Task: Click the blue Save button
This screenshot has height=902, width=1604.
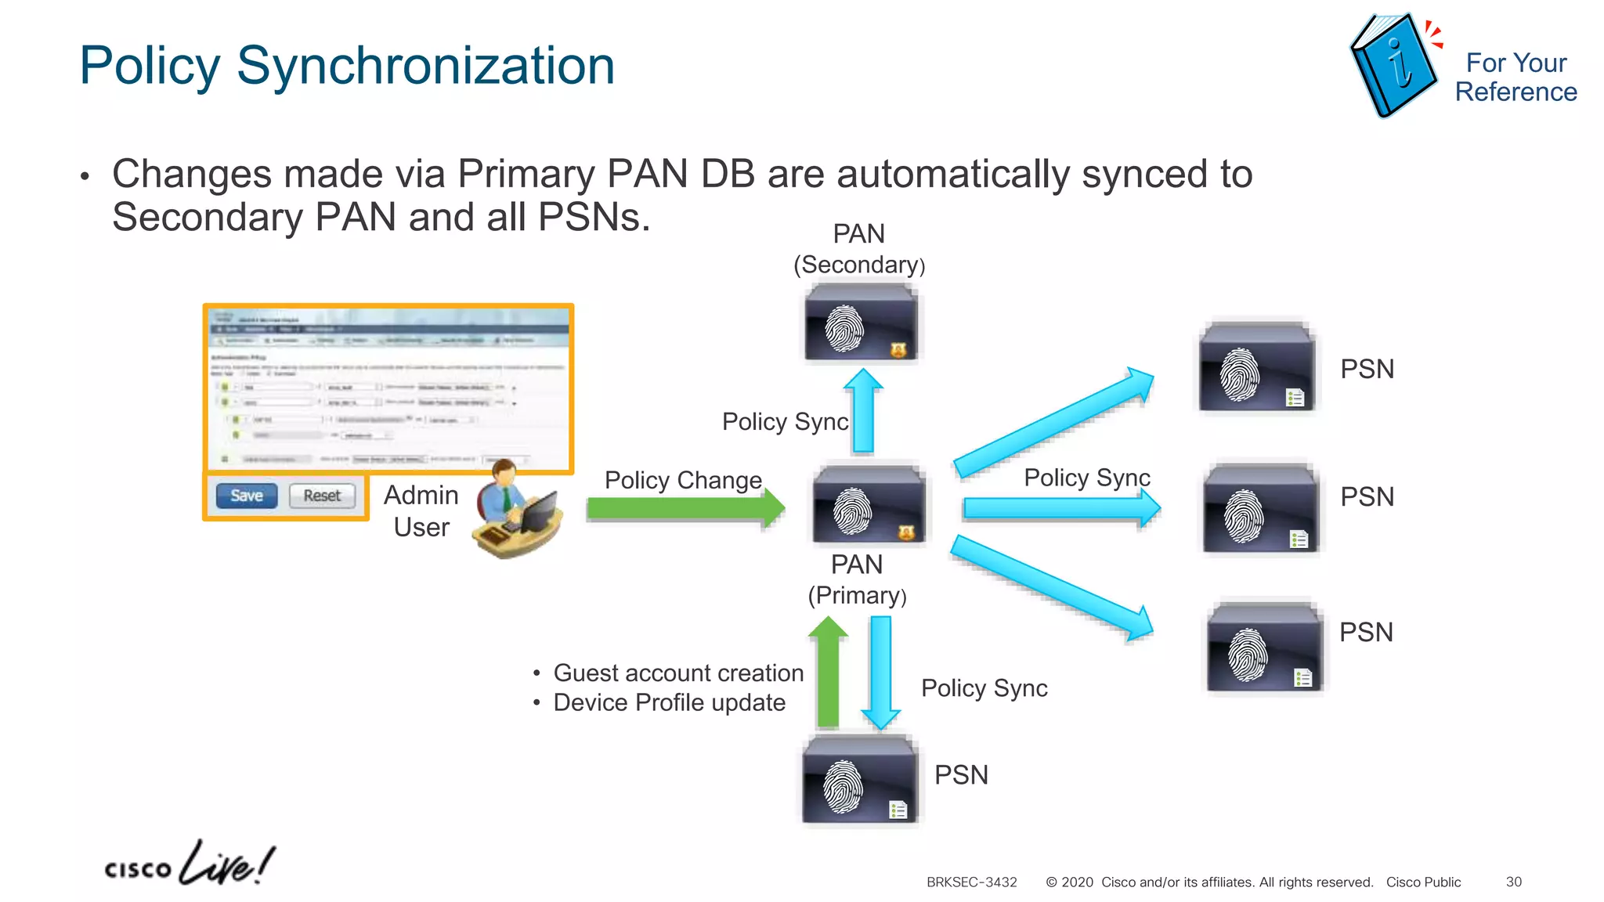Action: pos(247,496)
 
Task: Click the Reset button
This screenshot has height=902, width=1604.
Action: pos(322,496)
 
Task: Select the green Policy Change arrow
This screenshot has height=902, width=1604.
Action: pos(685,509)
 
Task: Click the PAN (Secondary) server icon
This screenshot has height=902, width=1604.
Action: pos(861,324)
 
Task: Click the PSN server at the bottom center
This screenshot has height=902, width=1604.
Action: pos(860,779)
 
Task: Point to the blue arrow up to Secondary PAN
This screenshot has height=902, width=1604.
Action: pos(863,411)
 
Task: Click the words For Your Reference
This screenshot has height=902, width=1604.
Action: pos(1515,78)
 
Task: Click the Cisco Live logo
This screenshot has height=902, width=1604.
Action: pos(190,864)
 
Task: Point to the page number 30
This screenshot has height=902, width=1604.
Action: pos(1513,882)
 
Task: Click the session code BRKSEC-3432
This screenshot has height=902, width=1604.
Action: pos(971,882)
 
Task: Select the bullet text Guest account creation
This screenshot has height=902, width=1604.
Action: pos(678,673)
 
